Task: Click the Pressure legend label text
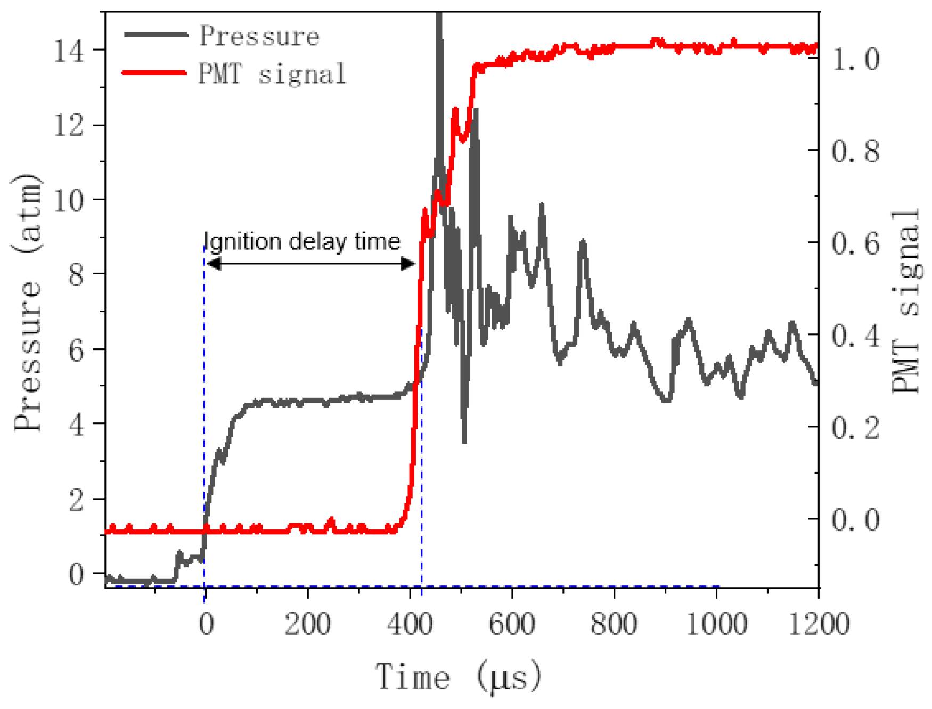259,36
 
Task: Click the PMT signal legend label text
272,74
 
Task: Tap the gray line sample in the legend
156,35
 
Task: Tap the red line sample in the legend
154,72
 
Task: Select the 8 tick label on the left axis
77,275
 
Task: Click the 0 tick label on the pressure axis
77,575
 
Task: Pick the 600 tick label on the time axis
512,623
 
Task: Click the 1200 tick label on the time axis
818,623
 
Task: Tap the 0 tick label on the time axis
206,623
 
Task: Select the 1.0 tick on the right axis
856,59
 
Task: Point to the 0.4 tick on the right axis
856,336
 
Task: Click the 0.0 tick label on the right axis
856,520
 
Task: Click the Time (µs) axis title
459,677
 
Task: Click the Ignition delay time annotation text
303,242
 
